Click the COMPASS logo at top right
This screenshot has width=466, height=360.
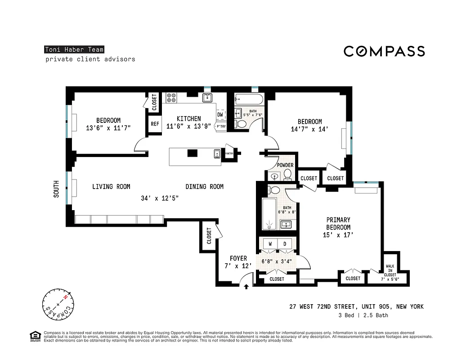tap(384, 51)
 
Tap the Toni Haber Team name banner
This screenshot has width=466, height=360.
tap(74, 50)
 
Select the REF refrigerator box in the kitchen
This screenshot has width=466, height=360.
tap(155, 124)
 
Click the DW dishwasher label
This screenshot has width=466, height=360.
tap(220, 115)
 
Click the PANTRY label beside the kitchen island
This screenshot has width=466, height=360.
tap(229, 153)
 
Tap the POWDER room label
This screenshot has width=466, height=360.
tap(285, 165)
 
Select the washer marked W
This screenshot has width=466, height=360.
tap(270, 244)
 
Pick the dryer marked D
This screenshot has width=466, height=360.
tap(285, 244)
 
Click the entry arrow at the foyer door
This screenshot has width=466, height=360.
tap(246, 287)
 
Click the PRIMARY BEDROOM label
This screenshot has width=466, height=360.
tap(338, 224)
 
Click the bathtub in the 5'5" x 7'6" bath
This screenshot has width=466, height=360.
tap(246, 99)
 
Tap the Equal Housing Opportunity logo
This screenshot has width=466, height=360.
tap(35, 336)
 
